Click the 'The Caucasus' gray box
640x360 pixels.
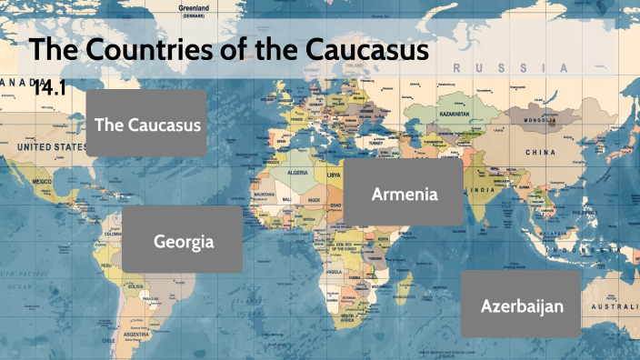pos(147,124)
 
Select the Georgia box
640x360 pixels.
pos(183,241)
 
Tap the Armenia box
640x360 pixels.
pos(405,194)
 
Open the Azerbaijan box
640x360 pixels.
pos(522,305)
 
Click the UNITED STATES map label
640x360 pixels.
pos(50,145)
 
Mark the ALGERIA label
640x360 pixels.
pos(298,173)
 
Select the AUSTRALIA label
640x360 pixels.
pos(615,306)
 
